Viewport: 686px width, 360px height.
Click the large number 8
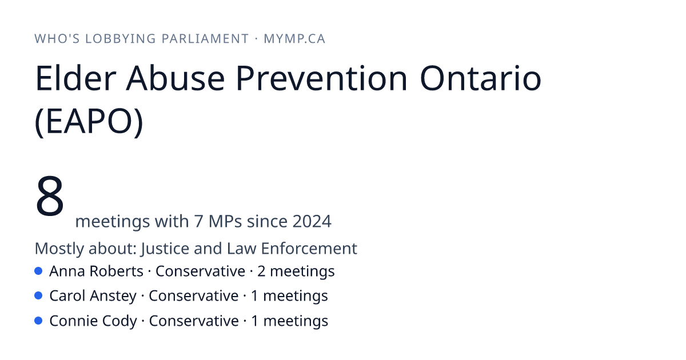50,196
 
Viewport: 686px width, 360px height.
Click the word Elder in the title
75,78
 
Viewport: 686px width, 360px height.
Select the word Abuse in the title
176,78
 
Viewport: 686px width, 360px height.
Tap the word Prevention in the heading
321,78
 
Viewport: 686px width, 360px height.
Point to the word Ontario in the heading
481,78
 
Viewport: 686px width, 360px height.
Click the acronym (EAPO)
89,121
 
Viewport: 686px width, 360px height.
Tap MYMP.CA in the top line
294,39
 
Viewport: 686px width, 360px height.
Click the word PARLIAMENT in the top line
205,39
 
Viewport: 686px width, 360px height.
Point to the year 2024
312,221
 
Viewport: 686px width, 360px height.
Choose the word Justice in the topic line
165,248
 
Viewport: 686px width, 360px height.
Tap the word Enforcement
309,248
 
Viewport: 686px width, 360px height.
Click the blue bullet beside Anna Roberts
38,271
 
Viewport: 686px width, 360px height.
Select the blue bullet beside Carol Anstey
38,296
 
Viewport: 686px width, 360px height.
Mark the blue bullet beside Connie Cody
38,321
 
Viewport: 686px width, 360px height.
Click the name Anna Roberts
96,271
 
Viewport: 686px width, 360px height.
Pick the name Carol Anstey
93,296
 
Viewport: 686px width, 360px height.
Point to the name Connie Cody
93,321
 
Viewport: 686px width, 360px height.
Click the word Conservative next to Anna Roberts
200,271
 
